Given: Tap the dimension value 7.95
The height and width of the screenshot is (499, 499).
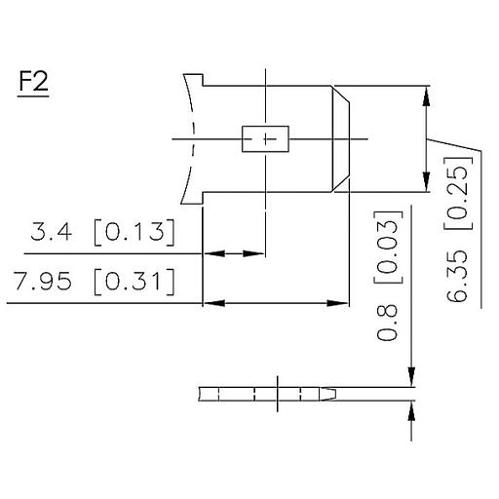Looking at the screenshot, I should click(x=42, y=283).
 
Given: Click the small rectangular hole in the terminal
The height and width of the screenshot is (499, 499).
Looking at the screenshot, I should click(x=264, y=139).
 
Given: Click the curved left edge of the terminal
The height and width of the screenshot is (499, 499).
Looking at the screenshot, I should click(x=191, y=138).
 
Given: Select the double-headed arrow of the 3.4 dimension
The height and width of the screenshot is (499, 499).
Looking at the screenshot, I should click(x=233, y=253).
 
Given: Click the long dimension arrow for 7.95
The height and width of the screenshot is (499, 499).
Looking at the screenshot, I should click(x=276, y=304).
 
